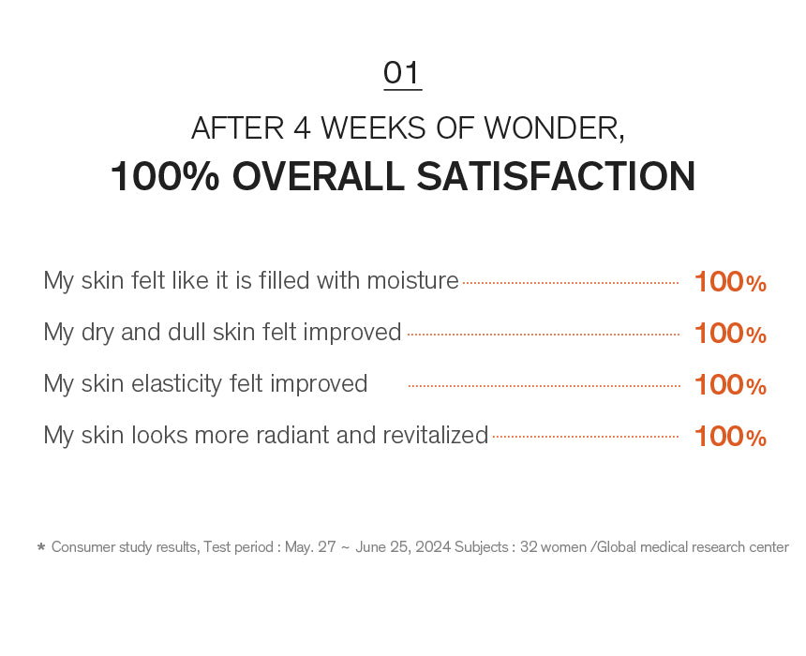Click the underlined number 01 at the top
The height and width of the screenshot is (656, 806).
402,73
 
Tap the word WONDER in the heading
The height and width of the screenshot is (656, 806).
554,128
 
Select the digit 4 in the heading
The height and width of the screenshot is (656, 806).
302,128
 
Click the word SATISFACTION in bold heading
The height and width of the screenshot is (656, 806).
556,176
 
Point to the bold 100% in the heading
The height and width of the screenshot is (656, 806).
165,176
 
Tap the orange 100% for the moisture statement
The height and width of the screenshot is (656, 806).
730,282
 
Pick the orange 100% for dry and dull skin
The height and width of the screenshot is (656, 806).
730,334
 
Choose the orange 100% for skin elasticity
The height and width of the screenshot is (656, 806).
730,385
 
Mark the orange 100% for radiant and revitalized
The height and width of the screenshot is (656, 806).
730,437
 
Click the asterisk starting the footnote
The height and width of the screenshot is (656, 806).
41,546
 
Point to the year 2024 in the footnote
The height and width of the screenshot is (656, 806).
433,547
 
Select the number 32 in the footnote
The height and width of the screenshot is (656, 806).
528,547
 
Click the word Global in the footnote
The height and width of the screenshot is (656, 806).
617,547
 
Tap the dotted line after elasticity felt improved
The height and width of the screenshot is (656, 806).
544,385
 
